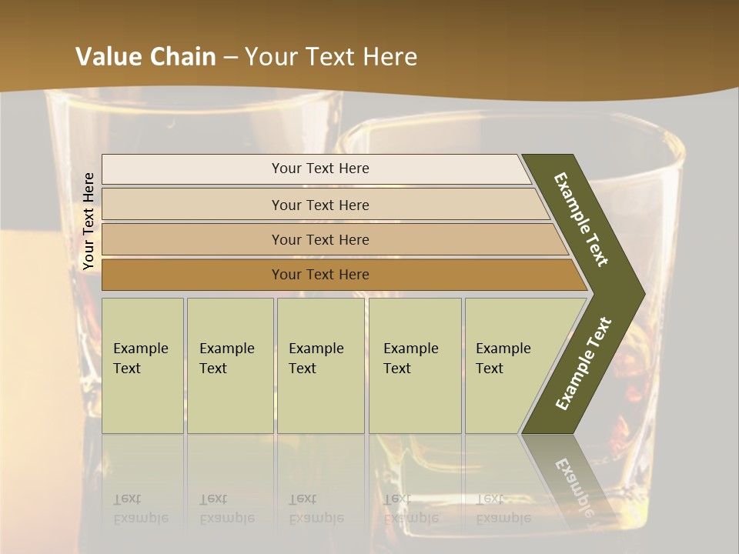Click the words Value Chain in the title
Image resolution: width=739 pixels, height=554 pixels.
145,57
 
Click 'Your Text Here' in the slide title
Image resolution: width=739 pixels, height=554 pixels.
331,57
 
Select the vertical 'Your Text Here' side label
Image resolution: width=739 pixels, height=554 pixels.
89,221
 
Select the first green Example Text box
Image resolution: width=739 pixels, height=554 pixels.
142,365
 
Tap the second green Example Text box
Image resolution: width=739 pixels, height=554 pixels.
229,365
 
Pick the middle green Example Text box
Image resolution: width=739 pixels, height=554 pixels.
320,365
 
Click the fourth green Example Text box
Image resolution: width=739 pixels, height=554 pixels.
415,365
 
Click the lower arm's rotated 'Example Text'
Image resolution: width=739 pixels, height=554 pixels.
584,364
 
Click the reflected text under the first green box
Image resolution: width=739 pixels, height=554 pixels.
140,509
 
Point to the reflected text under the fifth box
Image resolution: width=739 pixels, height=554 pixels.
503,509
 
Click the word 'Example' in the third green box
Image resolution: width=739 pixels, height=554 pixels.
316,349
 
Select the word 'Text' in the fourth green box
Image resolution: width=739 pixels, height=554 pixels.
397,369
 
